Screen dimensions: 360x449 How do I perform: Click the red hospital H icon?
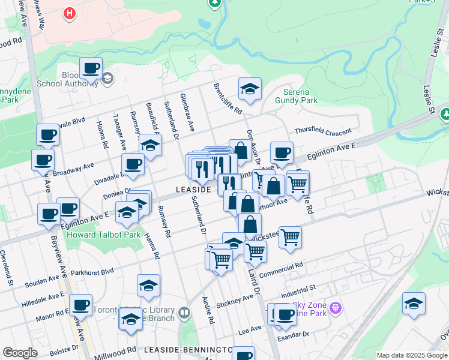70,13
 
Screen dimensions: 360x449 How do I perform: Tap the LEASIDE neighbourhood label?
193,189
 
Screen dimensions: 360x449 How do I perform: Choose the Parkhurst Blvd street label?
92,271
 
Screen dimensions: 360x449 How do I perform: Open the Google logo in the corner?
20,353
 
